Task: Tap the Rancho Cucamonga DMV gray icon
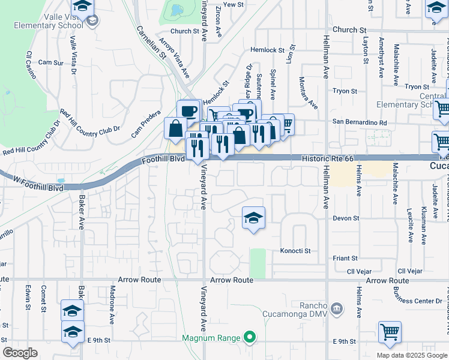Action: point(338,308)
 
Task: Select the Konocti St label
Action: point(295,251)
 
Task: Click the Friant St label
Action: point(345,258)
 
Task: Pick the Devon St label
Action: point(346,218)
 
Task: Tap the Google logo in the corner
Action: point(20,353)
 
